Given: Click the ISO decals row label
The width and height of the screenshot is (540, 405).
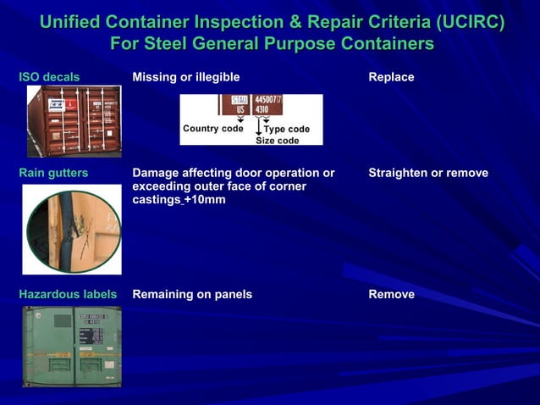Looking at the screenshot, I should click(49, 77).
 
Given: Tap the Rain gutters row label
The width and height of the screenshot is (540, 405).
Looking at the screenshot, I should click(53, 173).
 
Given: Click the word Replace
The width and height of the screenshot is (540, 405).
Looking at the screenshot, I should click(391, 77).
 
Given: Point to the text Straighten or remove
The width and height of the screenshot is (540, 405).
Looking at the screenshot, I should click(428, 173).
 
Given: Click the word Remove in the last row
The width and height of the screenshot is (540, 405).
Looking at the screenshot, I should click(391, 295).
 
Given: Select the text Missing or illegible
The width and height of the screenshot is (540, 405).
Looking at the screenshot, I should click(186, 77).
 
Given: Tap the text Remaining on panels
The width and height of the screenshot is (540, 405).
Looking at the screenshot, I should click(192, 295).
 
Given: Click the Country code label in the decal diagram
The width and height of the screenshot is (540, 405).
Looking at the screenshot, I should click(212, 129).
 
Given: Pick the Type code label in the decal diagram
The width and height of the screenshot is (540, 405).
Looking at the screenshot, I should click(287, 129).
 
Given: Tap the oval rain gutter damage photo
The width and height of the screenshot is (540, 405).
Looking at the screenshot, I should click(72, 230).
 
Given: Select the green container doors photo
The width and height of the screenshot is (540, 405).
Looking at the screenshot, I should click(72, 346).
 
